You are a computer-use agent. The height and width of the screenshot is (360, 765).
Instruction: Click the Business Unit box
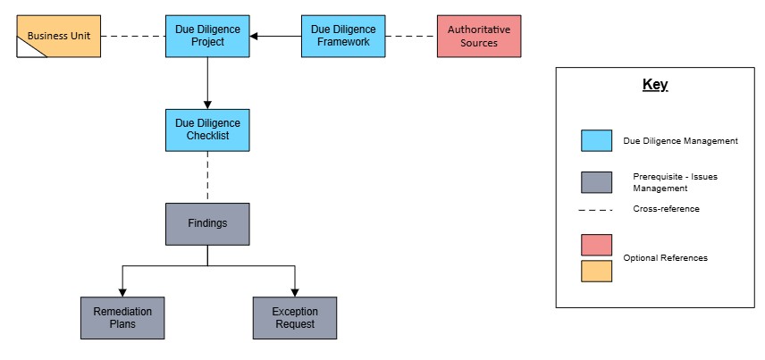tap(59, 37)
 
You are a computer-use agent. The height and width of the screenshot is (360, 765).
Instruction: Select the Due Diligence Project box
tap(207, 36)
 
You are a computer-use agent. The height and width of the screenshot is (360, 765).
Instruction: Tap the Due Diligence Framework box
tap(343, 36)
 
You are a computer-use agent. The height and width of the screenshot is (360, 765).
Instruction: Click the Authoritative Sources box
tap(479, 36)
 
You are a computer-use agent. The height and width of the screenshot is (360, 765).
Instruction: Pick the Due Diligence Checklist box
tap(207, 130)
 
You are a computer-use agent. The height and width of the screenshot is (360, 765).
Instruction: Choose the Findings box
tap(207, 223)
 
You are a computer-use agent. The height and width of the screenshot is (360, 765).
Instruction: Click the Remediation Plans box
tap(122, 318)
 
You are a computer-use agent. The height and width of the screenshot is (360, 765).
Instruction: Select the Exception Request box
tap(294, 318)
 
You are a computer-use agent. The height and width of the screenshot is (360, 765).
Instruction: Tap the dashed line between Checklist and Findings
tap(207, 176)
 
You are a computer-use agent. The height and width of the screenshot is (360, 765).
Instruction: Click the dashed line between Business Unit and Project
tap(133, 37)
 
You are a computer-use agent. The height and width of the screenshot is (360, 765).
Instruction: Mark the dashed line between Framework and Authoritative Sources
tap(411, 37)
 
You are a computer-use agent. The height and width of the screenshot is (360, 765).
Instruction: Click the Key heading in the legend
tap(654, 86)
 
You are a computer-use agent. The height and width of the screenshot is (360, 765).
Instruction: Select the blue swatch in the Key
tap(596, 140)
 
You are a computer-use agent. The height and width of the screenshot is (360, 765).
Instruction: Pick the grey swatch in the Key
tap(596, 182)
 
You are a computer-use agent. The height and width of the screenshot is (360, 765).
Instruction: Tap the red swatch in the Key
tap(596, 245)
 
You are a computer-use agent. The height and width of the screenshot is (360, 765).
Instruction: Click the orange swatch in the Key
tap(596, 270)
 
